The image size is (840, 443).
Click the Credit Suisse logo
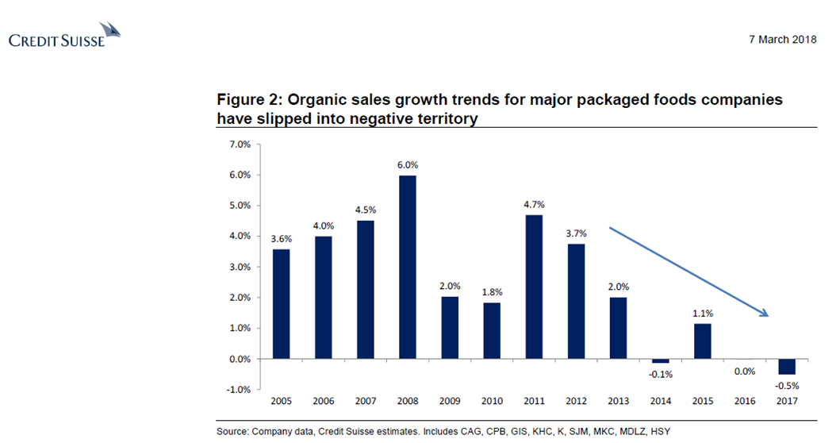tap(64, 36)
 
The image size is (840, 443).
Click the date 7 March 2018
tap(782, 40)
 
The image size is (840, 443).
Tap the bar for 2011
tap(534, 287)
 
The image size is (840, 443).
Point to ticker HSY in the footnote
tap(661, 431)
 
